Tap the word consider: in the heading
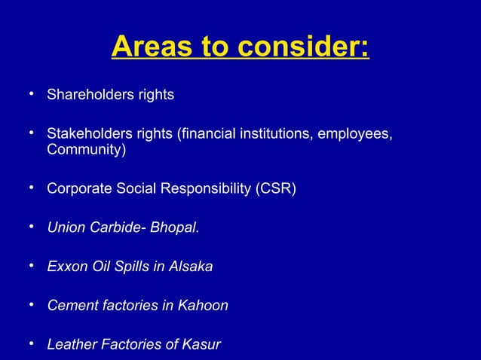(x=304, y=48)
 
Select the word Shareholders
(x=89, y=95)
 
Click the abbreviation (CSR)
(x=276, y=188)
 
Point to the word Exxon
(x=66, y=267)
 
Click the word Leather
(x=70, y=345)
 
